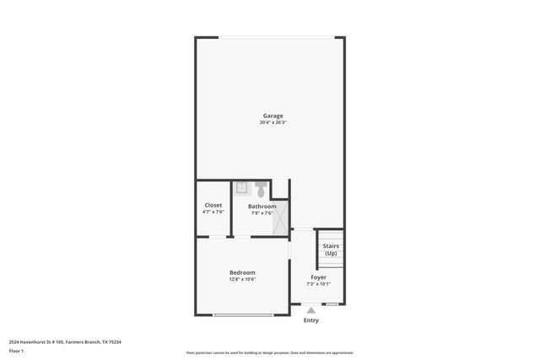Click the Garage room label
pyautogui.click(x=272, y=116)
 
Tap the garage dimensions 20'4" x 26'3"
pyautogui.click(x=272, y=123)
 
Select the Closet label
pyautogui.click(x=213, y=205)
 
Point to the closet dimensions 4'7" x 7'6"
pyautogui.click(x=213, y=212)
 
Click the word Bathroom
pyautogui.click(x=262, y=206)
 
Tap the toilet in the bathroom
pyautogui.click(x=260, y=188)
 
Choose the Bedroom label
pyautogui.click(x=242, y=271)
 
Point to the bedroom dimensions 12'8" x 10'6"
pyautogui.click(x=242, y=279)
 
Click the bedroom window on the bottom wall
pyautogui.click(x=243, y=314)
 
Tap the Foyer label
pyautogui.click(x=318, y=277)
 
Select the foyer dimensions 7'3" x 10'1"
pyautogui.click(x=318, y=284)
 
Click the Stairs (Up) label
pyautogui.click(x=331, y=250)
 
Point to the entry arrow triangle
pyautogui.click(x=311, y=310)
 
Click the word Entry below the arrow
pyautogui.click(x=311, y=320)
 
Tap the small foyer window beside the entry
pyautogui.click(x=332, y=304)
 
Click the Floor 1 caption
pyautogui.click(x=16, y=351)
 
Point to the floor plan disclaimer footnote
pyautogui.click(x=269, y=352)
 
